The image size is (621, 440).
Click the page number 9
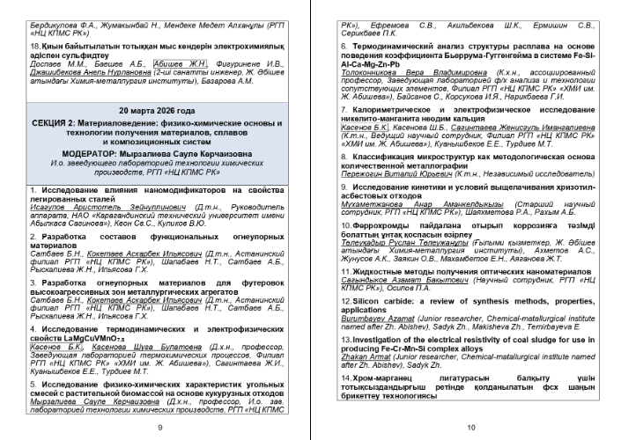pyautogui.click(x=159, y=426)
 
